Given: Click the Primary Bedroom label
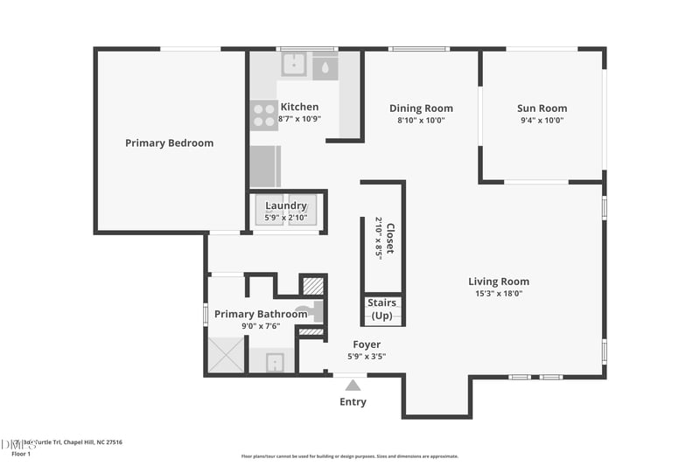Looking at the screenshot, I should (x=169, y=143).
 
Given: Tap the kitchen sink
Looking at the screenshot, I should (x=293, y=64).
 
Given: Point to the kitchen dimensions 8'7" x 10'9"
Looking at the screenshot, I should (x=300, y=119).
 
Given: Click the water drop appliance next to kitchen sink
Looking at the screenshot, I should (x=325, y=66).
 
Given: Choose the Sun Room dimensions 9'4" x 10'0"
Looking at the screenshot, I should (x=542, y=121).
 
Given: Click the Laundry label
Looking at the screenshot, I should (x=286, y=205).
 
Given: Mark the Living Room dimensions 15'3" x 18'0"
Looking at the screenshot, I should (x=498, y=294).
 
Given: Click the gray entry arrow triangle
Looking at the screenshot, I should (x=353, y=385).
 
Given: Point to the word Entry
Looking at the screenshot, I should (x=353, y=402).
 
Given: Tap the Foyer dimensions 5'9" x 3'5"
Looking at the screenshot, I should (x=367, y=357).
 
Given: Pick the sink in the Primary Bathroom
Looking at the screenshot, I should (x=274, y=360).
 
